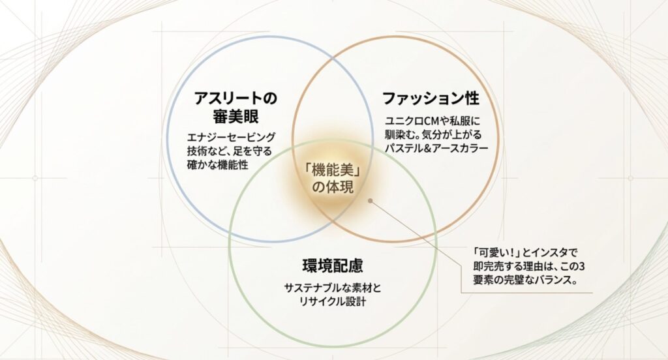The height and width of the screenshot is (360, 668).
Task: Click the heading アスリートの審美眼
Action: pos(235,108)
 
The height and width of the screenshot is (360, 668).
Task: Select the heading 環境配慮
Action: pos(333,265)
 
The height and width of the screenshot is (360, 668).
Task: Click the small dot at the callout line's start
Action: pos(370,201)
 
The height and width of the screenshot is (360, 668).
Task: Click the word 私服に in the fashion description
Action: pos(466,121)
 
